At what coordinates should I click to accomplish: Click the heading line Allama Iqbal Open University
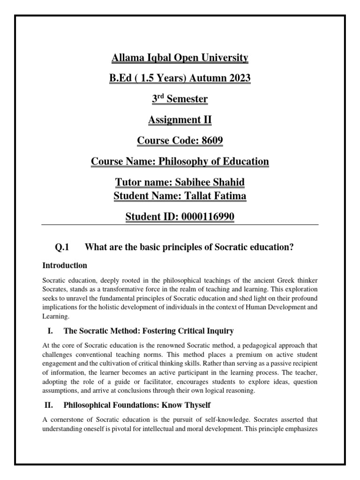click(180, 58)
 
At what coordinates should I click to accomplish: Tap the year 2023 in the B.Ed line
click(238, 79)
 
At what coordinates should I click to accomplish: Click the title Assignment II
click(180, 120)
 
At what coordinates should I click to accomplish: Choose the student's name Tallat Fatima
click(216, 195)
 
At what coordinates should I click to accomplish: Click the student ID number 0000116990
click(208, 217)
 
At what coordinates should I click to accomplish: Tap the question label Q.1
click(62, 247)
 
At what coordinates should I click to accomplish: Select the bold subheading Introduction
click(65, 265)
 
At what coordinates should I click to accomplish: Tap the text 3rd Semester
click(180, 99)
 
